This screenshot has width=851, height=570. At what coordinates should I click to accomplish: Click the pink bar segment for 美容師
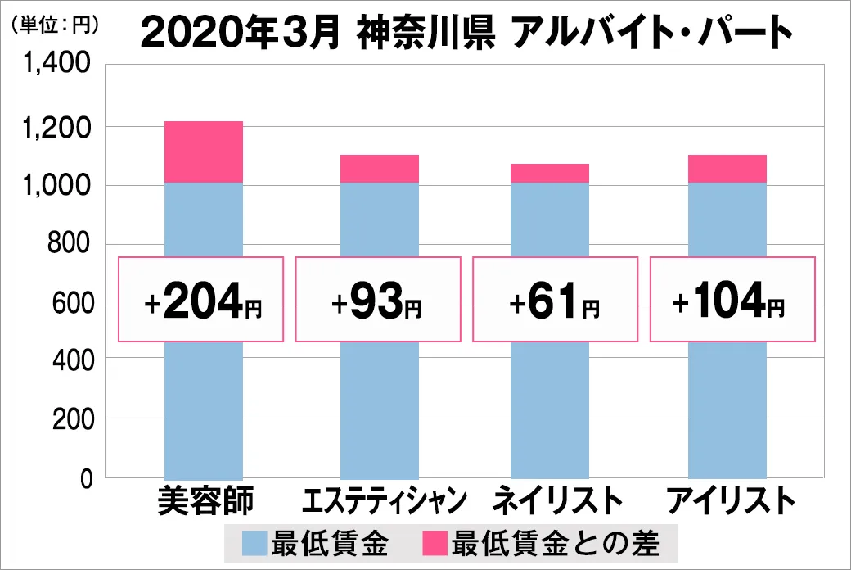pos(204,152)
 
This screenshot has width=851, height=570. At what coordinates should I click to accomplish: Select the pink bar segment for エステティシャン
pos(379,168)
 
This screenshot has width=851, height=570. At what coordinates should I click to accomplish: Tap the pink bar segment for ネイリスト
pos(549,173)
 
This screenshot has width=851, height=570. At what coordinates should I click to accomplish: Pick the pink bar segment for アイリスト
pos(727,168)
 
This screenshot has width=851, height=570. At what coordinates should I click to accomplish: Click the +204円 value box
pos(201,300)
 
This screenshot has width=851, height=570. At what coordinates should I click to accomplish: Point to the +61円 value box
pos(555,300)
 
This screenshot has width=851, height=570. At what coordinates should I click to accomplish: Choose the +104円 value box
pos(732,300)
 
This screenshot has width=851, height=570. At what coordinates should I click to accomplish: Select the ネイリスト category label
pos(553,501)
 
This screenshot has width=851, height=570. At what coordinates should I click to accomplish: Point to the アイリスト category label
pos(731,501)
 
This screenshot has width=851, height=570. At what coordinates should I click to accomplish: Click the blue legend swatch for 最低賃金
pos(255,542)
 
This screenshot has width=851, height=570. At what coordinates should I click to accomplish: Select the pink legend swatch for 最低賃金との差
pos(435,542)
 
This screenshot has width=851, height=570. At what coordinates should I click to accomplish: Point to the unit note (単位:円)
pos(55,25)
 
